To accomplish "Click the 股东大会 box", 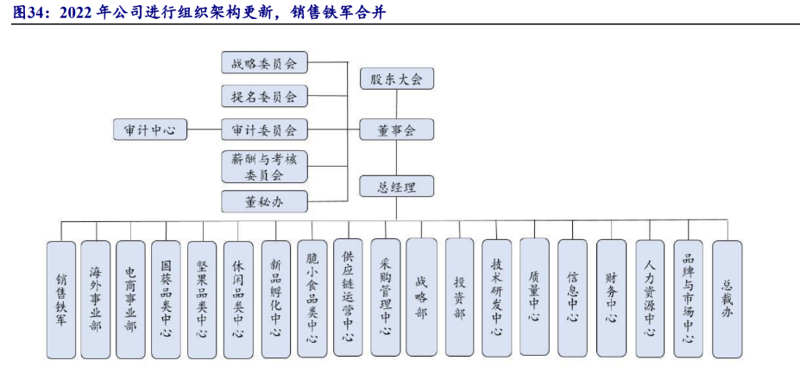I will coord(396,79).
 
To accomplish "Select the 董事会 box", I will coord(396,130).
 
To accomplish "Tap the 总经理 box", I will coord(396,186).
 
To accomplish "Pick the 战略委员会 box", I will coord(264,63).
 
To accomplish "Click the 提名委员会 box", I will coord(264,96).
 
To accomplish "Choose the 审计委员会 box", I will coord(264,130).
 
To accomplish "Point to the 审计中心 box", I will coord(150,130).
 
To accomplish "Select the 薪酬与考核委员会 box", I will coord(264,166).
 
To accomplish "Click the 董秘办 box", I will coord(264,201).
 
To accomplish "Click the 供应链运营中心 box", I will coord(348,297).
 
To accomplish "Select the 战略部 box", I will coord(421,297).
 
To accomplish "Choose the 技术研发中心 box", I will coord(496,297).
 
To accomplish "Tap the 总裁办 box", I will coord(727,297).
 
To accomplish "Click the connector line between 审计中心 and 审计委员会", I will coord(205,130).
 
